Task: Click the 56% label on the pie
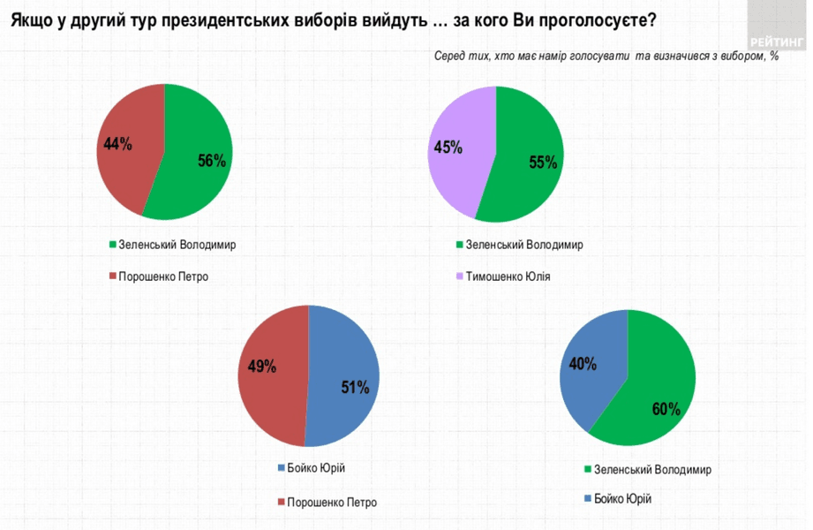tap(212, 161)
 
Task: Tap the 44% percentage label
tap(117, 144)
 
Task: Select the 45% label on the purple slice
tap(448, 147)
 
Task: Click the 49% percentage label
tap(262, 366)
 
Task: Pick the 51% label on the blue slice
tap(355, 386)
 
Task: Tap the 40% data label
tap(583, 363)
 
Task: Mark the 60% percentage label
tap(666, 409)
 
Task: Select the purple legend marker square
tap(458, 276)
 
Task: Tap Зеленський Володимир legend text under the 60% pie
tap(652, 470)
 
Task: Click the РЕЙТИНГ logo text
tap(776, 42)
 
